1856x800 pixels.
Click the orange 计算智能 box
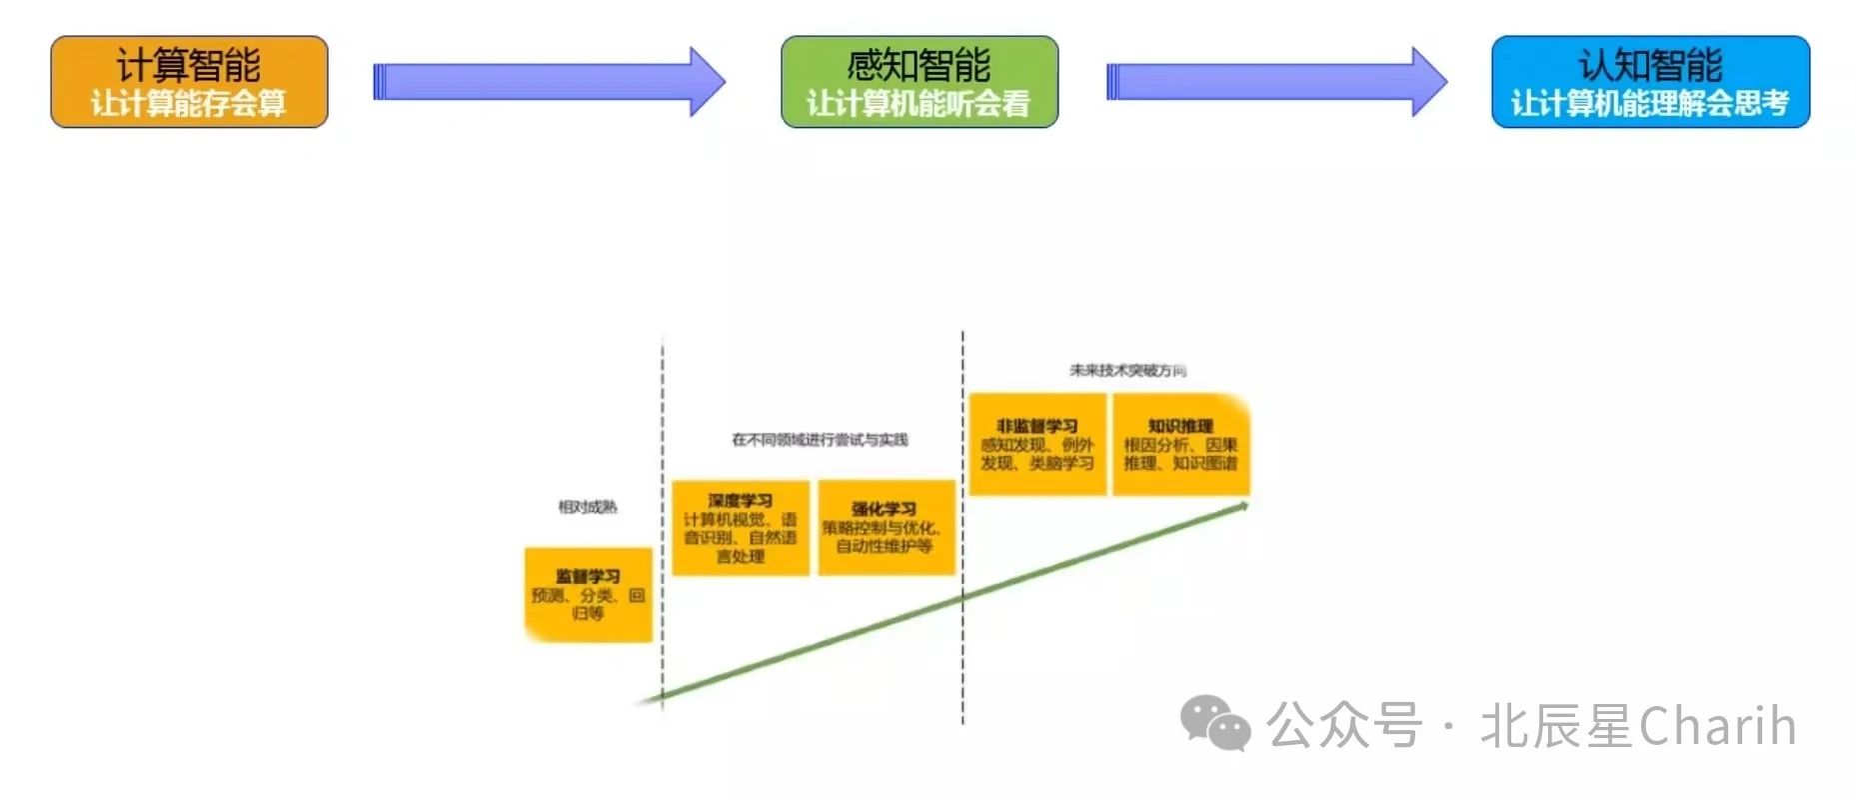pos(189,81)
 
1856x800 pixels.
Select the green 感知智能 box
pos(919,81)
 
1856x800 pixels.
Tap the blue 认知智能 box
pos(1650,81)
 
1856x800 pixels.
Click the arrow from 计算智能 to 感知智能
pos(548,82)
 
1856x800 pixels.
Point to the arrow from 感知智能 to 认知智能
pos(1275,82)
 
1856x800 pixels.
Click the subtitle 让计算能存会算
pos(189,103)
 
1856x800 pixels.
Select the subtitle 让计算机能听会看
pos(919,103)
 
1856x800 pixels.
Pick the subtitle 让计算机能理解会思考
pos(1650,103)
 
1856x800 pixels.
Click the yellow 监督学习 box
pos(588,594)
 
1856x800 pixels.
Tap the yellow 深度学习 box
pos(740,527)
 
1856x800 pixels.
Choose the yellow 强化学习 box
pos(886,527)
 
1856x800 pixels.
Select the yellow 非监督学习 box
pos(1036,444)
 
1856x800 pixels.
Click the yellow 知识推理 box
pos(1180,444)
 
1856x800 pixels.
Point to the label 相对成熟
pos(588,507)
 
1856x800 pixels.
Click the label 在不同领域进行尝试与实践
pos(820,440)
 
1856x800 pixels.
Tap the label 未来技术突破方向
pos(1127,371)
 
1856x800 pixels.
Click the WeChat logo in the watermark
pos(1214,722)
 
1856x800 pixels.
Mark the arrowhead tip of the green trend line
pos(1246,505)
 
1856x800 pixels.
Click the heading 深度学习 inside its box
pos(740,500)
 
